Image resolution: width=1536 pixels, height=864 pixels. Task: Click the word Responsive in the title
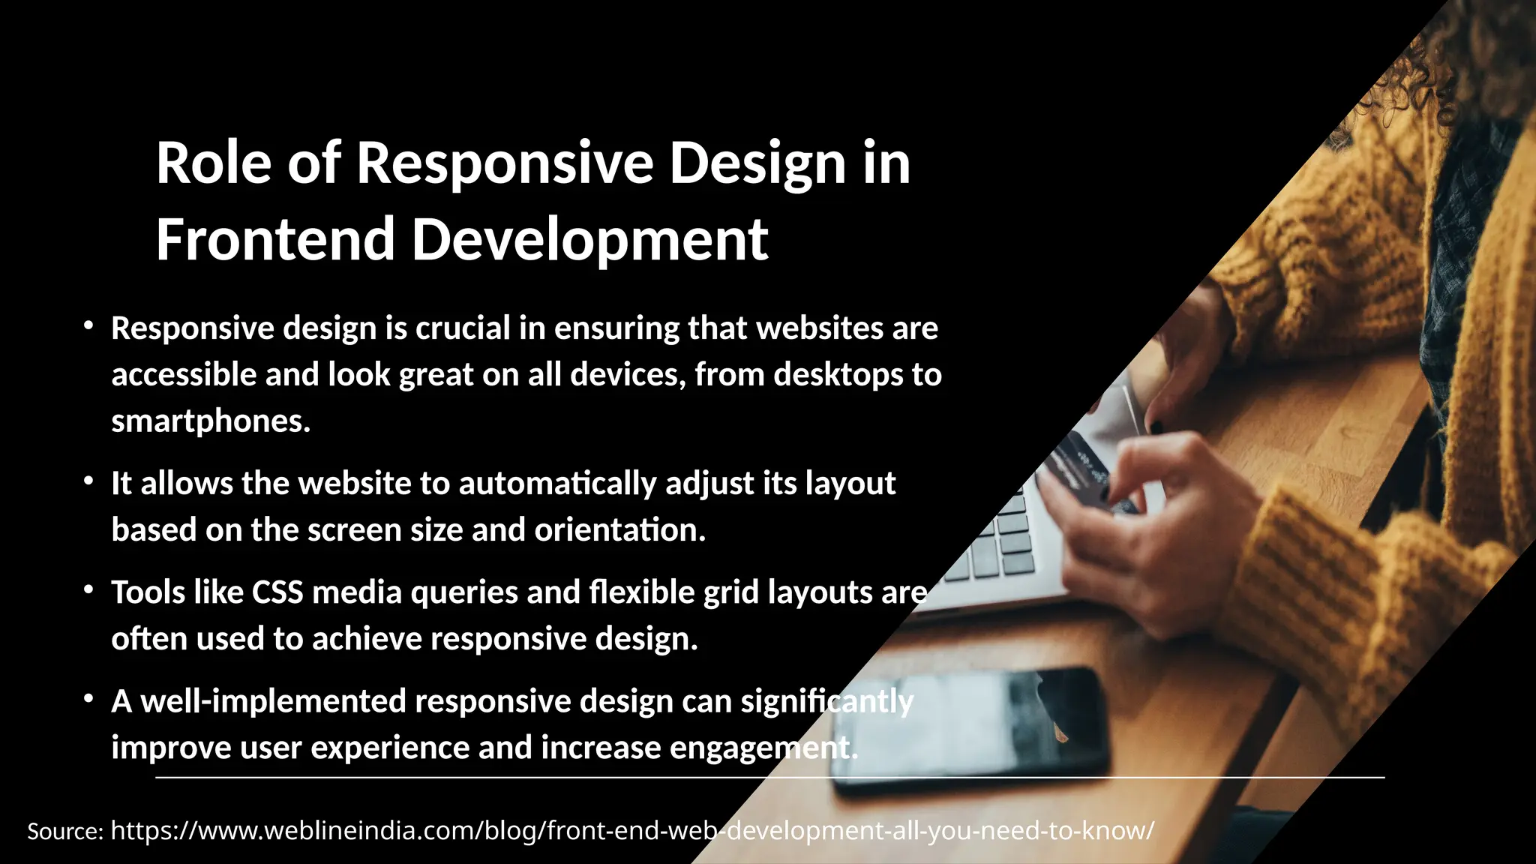coord(504,163)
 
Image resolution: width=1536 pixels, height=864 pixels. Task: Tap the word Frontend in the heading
coord(274,240)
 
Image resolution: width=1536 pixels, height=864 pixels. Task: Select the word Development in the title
coord(589,240)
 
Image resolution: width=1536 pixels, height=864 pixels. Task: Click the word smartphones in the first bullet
coord(210,421)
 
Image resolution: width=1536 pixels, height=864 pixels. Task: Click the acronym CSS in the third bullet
coord(277,592)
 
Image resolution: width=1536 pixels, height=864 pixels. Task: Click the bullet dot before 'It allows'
coord(88,481)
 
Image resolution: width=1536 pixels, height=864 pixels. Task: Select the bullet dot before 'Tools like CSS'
coord(88,590)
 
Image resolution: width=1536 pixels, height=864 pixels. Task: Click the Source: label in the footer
coord(64,832)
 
